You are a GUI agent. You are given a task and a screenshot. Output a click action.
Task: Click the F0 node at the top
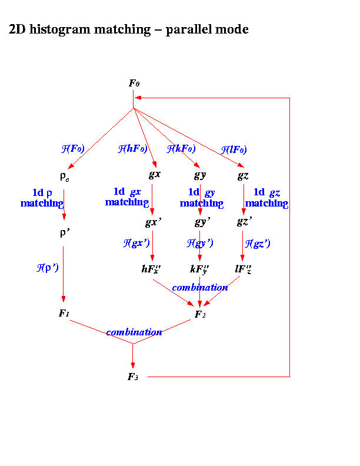coord(134,84)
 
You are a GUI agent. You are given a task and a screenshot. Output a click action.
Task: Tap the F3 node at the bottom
coord(133,377)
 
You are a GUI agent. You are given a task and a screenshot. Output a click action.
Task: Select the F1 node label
coord(64,313)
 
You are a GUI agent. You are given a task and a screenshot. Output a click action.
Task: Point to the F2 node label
coord(200,315)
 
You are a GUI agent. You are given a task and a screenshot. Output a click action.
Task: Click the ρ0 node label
coord(64,175)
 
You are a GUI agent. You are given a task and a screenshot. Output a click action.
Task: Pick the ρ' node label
coord(64,232)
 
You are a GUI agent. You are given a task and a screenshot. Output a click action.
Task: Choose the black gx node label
coord(154,175)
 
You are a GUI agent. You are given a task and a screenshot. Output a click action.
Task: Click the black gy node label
coord(200,175)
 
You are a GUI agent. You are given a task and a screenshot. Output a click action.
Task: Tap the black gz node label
coord(244,175)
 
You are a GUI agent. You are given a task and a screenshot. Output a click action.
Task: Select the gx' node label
coord(154,222)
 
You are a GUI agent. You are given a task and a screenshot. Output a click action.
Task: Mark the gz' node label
coord(245,222)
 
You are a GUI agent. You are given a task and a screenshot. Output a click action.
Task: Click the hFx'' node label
coord(152,269)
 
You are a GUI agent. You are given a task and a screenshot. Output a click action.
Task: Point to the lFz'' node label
coord(243,269)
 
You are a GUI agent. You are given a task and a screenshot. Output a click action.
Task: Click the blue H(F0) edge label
coord(73,149)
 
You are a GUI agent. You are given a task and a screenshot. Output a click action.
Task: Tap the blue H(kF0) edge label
coord(180,149)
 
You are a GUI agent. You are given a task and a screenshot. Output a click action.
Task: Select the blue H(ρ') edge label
coord(48,267)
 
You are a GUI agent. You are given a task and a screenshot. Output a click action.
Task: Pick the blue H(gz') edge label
coord(258,243)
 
